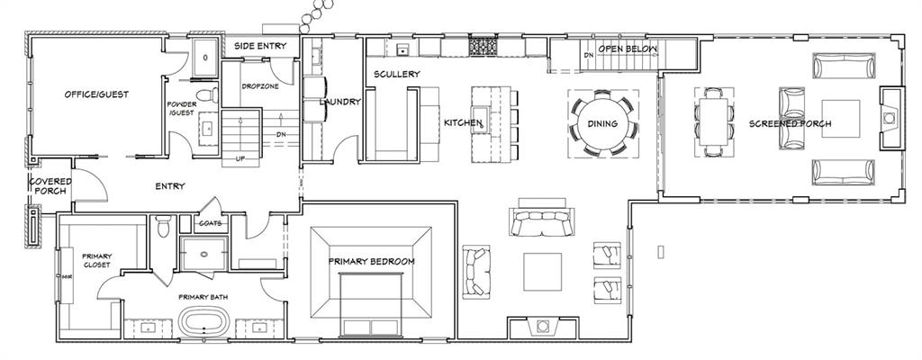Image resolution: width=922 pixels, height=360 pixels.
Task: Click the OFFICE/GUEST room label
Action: click(x=93, y=94)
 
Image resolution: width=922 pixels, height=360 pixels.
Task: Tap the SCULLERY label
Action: click(x=397, y=74)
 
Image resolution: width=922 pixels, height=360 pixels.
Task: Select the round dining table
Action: click(x=602, y=123)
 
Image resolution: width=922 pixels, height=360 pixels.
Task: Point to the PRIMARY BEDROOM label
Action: click(x=371, y=261)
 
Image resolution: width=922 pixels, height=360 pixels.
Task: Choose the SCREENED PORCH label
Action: click(x=790, y=123)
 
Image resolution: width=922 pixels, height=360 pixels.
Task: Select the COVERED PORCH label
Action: click(x=50, y=186)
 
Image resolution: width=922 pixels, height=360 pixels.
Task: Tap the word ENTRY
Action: click(x=169, y=186)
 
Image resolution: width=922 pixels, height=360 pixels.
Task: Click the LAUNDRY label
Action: click(x=341, y=102)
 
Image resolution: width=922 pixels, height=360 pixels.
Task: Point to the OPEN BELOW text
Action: click(x=628, y=49)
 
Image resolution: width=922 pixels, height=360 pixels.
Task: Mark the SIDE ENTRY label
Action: click(x=260, y=44)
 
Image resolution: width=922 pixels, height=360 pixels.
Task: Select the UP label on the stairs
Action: click(x=240, y=158)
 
